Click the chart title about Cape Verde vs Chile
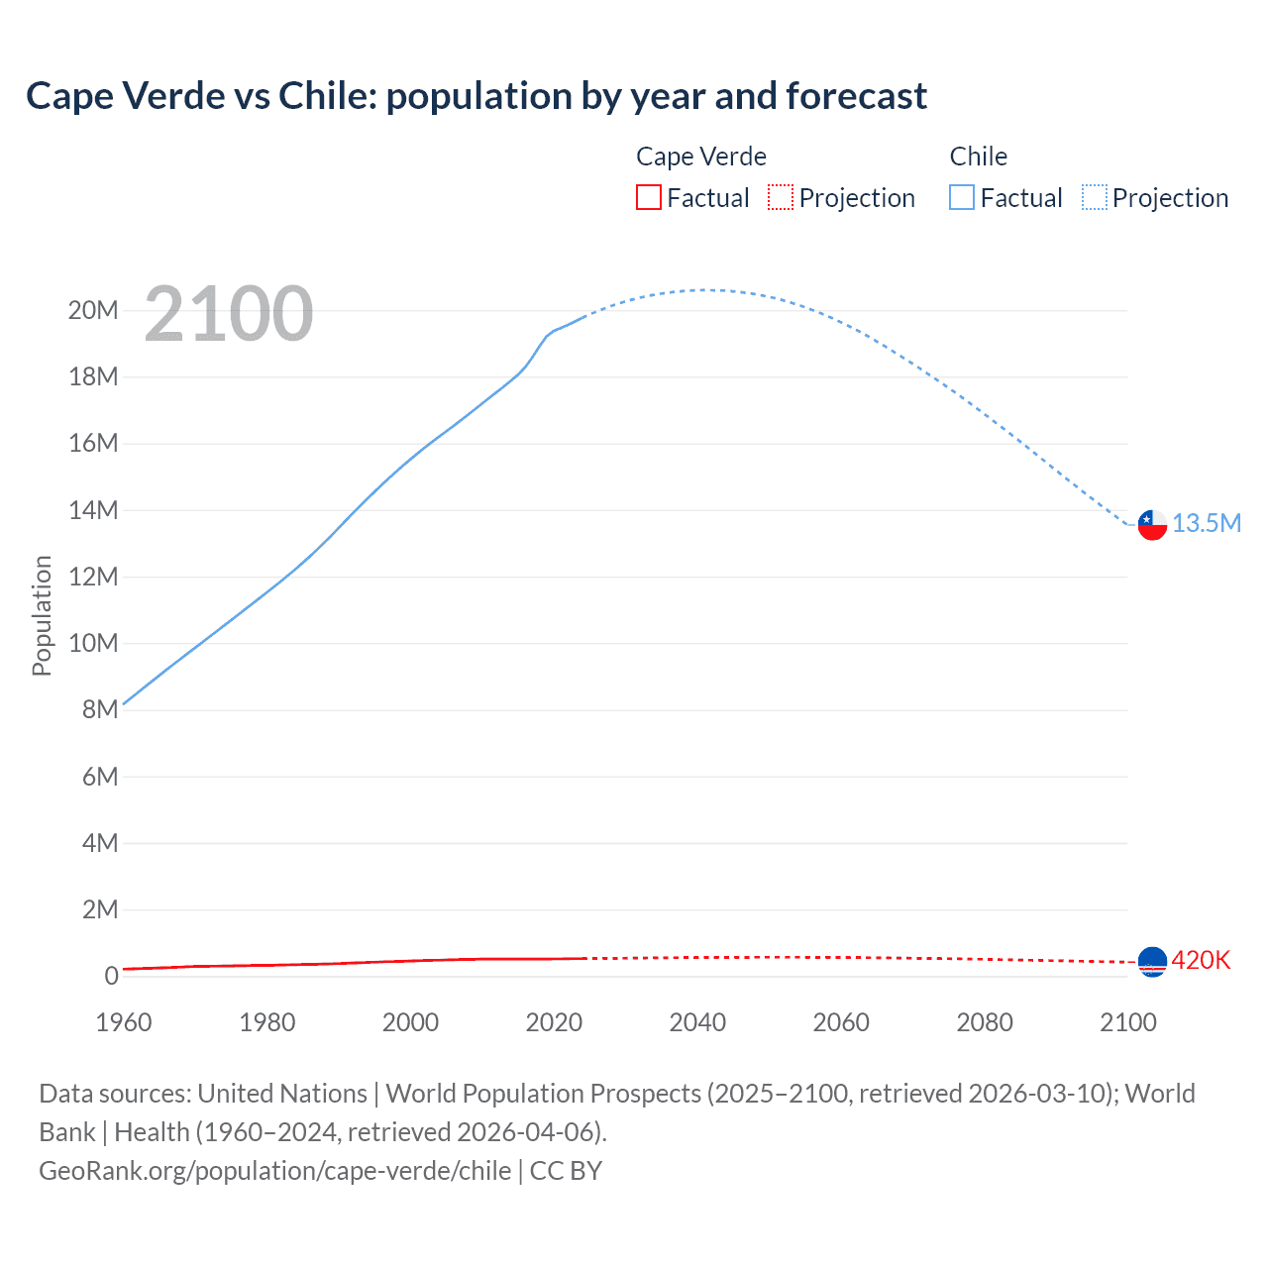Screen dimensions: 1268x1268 (x=476, y=96)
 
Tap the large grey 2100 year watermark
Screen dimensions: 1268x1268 (x=229, y=314)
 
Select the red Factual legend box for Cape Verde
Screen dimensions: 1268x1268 (x=648, y=197)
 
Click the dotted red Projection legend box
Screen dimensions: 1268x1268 (x=781, y=197)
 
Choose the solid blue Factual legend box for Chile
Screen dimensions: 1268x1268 (x=962, y=197)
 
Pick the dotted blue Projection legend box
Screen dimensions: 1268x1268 (x=1095, y=197)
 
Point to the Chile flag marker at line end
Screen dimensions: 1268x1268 (x=1152, y=524)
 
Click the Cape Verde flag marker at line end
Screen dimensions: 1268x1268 (x=1152, y=961)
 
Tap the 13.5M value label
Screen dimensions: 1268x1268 (x=1207, y=523)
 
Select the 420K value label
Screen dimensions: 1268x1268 (x=1201, y=960)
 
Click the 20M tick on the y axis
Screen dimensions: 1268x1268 (x=93, y=310)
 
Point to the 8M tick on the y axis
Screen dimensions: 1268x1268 (x=100, y=709)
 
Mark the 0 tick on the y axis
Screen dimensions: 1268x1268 (x=111, y=976)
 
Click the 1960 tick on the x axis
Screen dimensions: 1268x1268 (x=124, y=1022)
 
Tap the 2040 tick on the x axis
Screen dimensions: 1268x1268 (x=697, y=1022)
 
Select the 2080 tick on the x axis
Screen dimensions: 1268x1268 (x=985, y=1022)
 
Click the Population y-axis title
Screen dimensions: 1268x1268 (x=42, y=615)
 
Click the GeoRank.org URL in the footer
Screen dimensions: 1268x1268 (x=274, y=1170)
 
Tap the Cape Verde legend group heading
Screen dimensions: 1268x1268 (x=700, y=157)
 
